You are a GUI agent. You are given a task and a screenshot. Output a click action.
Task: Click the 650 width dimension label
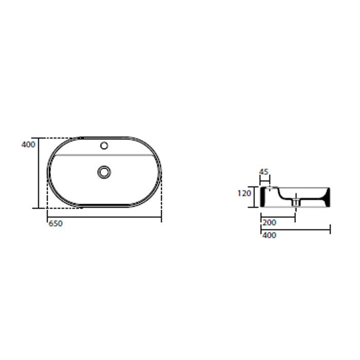click(56, 223)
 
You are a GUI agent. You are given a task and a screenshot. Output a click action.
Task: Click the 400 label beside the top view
click(28, 145)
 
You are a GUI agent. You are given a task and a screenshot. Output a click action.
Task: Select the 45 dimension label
click(264, 172)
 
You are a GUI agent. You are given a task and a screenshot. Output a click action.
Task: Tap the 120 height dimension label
click(244, 193)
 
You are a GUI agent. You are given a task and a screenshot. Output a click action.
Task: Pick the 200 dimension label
click(269, 223)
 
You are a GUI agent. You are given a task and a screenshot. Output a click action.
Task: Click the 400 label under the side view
click(269, 235)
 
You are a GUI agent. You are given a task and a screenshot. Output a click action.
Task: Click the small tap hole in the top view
click(104, 146)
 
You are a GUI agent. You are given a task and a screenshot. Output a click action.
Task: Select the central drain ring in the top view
click(104, 172)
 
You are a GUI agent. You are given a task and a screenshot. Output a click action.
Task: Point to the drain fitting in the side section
click(296, 202)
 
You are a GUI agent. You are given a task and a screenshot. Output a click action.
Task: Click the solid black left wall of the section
click(263, 197)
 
